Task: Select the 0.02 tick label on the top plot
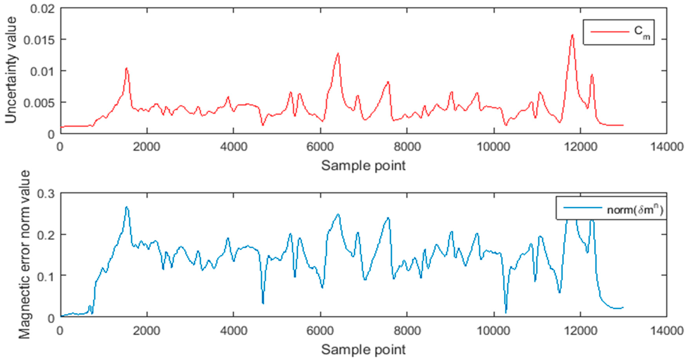coord(43,9)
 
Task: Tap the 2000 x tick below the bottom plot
coord(147,331)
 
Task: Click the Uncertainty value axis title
coord(11,70)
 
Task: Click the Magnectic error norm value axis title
coord(24,254)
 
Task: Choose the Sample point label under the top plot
coord(363,166)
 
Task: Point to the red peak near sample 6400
coord(338,53)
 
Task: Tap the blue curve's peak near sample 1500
coord(127,207)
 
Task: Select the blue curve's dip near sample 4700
coord(263,303)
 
